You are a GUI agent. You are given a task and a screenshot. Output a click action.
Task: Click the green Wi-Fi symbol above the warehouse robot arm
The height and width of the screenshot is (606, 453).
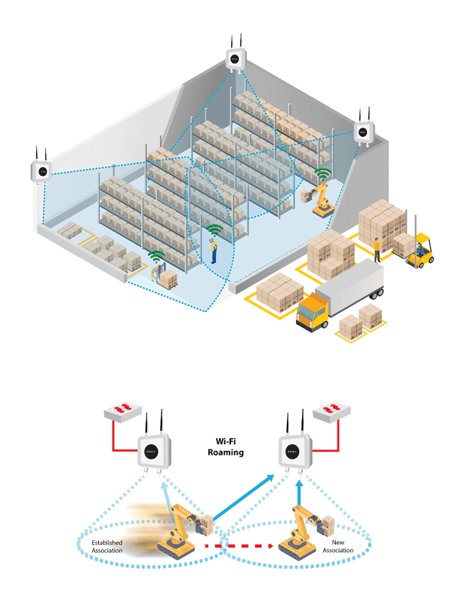pyautogui.click(x=323, y=175)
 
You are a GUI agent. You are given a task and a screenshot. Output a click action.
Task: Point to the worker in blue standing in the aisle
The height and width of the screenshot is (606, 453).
pyautogui.click(x=214, y=250)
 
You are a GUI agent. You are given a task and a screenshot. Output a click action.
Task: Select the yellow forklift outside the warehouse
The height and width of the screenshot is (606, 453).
pyautogui.click(x=421, y=251)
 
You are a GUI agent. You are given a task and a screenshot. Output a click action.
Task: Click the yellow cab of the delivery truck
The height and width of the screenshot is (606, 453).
pyautogui.click(x=313, y=311)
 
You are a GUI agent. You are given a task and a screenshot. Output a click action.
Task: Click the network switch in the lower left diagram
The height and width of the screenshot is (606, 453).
pyautogui.click(x=127, y=412)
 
